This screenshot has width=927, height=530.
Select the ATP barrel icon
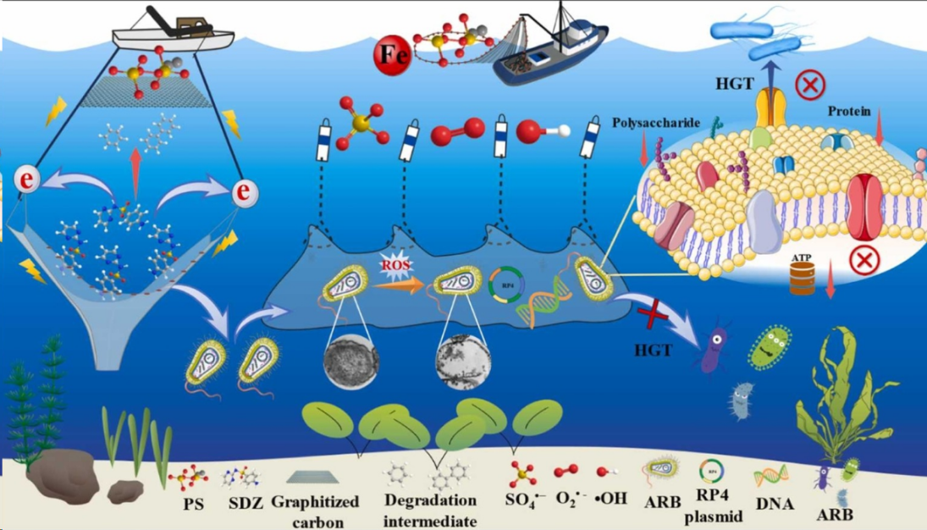pos(801,279)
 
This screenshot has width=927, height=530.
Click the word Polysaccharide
pos(656,123)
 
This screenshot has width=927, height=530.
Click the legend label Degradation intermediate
pos(429,510)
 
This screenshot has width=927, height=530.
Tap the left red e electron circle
pos(28,179)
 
